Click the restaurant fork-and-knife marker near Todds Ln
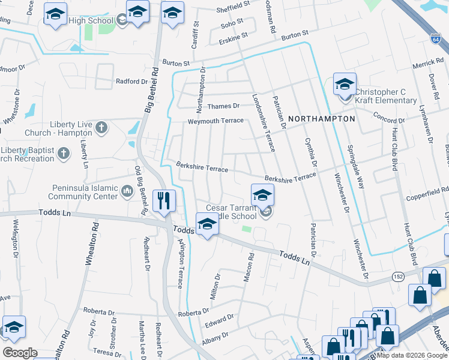164,202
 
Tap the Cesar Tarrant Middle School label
232,212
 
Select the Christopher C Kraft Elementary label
386,96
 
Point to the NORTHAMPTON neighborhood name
321,119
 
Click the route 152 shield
397,276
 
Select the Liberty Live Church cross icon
101,127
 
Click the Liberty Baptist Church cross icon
63,154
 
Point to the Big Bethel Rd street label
151,90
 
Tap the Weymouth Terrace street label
216,121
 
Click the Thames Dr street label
223,106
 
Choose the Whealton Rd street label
95,240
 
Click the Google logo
20,353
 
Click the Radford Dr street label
131,82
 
